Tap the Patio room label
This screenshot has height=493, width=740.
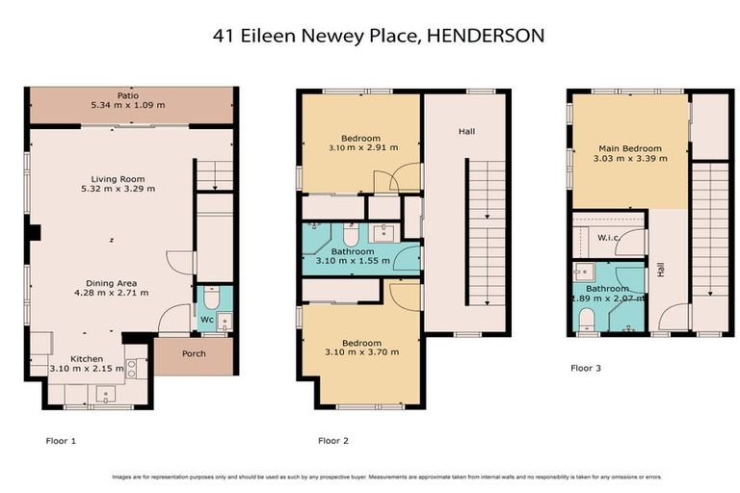pyautogui.click(x=129, y=96)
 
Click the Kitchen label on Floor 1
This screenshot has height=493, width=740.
pyautogui.click(x=86, y=358)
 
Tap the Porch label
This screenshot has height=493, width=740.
pyautogui.click(x=194, y=353)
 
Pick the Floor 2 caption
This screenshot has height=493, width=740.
pyautogui.click(x=332, y=440)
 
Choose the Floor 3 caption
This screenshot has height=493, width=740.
pyautogui.click(x=586, y=367)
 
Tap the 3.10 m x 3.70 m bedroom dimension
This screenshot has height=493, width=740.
pyautogui.click(x=361, y=353)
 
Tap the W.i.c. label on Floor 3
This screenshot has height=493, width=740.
pyautogui.click(x=607, y=237)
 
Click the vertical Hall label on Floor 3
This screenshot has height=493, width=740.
pyautogui.click(x=661, y=272)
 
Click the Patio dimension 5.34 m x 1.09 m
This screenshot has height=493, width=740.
pyautogui.click(x=129, y=106)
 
